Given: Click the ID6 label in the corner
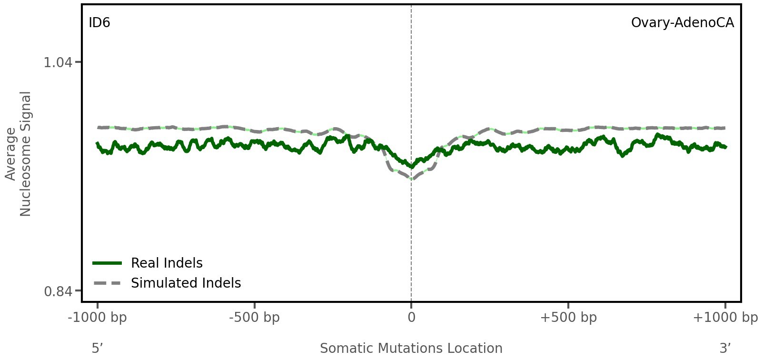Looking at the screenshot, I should click(99, 23).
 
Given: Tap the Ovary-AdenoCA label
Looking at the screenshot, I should click(682, 23).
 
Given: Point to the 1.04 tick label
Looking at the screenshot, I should click(58, 62).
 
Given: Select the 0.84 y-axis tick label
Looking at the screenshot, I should click(58, 291).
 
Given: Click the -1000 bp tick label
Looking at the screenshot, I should click(98, 318).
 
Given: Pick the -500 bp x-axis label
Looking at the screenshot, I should click(254, 318).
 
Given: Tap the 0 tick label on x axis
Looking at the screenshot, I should click(411, 318).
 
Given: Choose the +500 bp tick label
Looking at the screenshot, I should click(568, 318).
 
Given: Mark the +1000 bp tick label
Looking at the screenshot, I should click(725, 318).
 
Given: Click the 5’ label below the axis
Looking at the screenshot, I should click(97, 349).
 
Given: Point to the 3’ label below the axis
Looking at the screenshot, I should click(725, 349).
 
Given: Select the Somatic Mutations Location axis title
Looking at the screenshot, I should click(411, 349).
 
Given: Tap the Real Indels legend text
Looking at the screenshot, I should click(167, 263).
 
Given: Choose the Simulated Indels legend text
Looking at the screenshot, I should click(186, 283).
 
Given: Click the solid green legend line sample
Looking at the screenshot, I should click(108, 263).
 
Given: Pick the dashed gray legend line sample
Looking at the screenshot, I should click(108, 283).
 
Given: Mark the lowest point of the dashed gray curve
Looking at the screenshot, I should click(412, 179).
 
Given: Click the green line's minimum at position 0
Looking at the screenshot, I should click(412, 167).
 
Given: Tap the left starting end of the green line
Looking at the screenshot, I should click(97, 143).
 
